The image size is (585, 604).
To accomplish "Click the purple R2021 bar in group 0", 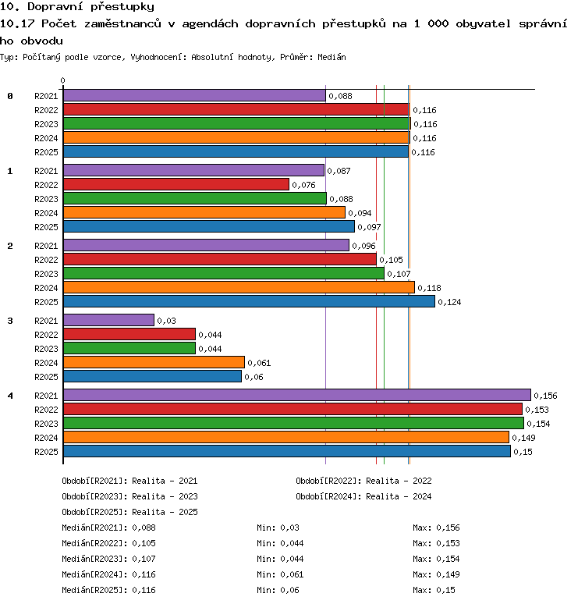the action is click(194, 95).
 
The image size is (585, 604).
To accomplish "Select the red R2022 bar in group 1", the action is click(176, 184).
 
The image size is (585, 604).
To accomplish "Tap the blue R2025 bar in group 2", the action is click(249, 302).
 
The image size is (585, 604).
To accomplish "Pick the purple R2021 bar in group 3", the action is click(108, 320).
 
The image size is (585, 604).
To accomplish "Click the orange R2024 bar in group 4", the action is click(286, 437).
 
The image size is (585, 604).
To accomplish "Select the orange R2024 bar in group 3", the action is click(154, 362).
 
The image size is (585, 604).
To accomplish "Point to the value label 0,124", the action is click(449, 302).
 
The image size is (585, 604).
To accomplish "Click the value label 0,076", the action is click(303, 185).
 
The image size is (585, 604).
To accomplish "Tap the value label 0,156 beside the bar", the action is click(545, 396).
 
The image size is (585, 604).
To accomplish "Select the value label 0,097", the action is click(369, 227).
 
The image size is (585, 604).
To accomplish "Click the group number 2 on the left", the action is click(10, 246).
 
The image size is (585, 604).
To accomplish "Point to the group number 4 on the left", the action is click(10, 396).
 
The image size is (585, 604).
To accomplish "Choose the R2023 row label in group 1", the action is click(46, 199).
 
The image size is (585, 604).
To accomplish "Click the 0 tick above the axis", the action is click(62, 80).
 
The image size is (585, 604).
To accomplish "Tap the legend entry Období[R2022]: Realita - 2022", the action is click(363, 481).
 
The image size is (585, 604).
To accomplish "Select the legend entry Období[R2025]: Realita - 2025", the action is click(129, 512).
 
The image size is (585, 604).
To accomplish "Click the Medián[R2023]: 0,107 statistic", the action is click(109, 559).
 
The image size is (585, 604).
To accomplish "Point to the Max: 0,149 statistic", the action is click(436, 574).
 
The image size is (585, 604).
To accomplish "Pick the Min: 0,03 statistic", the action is click(278, 528).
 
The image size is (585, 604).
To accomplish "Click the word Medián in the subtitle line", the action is click(331, 57).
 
